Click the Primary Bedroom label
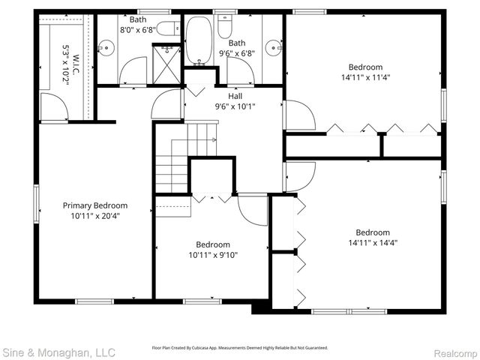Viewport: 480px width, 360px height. [x=94, y=205]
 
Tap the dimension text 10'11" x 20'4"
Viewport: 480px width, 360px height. [x=94, y=215]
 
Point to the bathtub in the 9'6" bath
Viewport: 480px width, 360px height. [x=199, y=41]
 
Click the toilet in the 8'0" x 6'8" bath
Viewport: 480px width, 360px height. [x=169, y=28]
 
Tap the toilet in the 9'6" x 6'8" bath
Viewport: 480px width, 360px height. [x=224, y=28]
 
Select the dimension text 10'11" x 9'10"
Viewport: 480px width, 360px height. [x=213, y=254]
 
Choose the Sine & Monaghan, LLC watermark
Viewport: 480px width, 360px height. [x=58, y=351]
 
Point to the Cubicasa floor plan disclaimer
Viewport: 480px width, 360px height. [x=240, y=348]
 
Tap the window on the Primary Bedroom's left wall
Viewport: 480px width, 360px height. [x=36, y=204]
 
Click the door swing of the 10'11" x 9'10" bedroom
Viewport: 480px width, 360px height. [x=252, y=208]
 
